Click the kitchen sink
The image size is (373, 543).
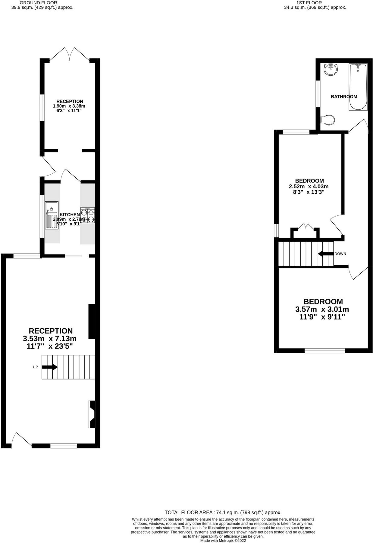tap(52, 215)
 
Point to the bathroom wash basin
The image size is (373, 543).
tap(331, 70)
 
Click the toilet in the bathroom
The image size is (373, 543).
tap(328, 120)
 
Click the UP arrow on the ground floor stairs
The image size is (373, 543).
tap(50, 367)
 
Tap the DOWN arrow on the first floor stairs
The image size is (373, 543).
tap(326, 254)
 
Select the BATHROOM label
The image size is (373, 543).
tap(344, 97)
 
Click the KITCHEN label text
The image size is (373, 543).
tap(70, 215)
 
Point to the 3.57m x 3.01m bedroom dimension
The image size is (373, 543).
tap(322, 309)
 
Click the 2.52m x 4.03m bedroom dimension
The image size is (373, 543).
tap(309, 186)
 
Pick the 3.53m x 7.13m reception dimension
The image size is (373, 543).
tap(50, 338)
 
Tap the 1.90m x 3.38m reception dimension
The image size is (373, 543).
tap(69, 106)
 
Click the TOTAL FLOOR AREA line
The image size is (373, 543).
tap(223, 512)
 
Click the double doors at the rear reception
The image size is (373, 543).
tap(70, 54)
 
